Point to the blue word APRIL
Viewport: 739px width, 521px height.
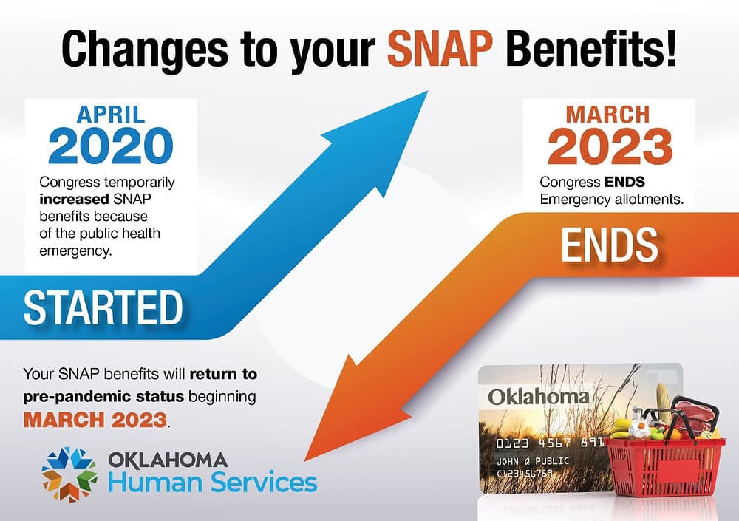tap(111, 115)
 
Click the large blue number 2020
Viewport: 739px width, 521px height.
tap(111, 146)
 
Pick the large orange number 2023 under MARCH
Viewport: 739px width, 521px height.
tap(610, 147)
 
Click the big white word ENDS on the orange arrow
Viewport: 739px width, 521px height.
tap(609, 246)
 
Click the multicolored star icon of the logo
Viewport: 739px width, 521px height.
tap(69, 474)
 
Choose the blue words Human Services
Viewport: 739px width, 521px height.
tap(213, 483)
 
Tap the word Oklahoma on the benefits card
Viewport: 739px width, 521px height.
tap(538, 396)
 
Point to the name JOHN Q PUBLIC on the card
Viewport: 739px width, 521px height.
tap(531, 460)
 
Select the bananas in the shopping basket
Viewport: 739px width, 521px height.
tap(623, 427)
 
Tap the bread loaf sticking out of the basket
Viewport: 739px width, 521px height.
tap(662, 400)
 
